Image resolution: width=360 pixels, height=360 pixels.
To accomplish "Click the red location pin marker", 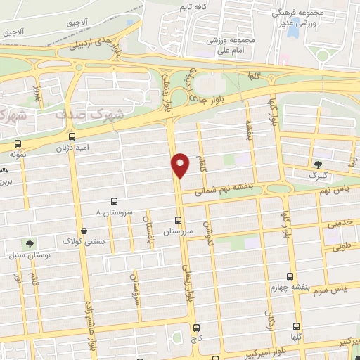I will click(181, 165).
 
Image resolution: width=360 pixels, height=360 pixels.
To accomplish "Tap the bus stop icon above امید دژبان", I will click(72, 136).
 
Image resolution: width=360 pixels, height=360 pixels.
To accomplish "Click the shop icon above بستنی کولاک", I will click(84, 231).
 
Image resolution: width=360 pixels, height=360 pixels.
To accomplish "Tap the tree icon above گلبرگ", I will click(321, 162).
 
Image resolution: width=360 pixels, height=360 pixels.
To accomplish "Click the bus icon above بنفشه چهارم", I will click(290, 276).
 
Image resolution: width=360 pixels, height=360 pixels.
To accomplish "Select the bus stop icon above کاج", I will click(195, 328).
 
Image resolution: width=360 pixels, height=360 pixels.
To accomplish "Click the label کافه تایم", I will click(195, 7).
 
